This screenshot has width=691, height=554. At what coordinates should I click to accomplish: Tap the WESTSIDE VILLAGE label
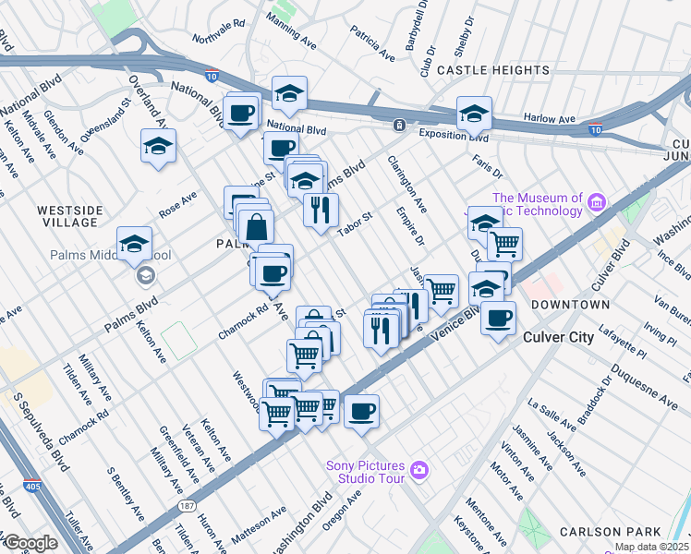point(68,216)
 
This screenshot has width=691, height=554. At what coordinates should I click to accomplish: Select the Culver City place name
point(558,337)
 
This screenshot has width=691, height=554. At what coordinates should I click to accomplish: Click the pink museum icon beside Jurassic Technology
point(596,202)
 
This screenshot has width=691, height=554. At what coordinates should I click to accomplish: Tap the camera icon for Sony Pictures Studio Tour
point(419,471)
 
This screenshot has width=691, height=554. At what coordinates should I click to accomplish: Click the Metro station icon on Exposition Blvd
point(399,125)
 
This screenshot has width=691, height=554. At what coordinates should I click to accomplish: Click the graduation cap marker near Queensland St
point(158,146)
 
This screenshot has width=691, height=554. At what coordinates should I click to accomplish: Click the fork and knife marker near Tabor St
point(321,210)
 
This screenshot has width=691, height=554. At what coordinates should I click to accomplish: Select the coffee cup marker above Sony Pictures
point(362,410)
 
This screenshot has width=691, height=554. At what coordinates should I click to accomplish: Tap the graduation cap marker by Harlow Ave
point(474,114)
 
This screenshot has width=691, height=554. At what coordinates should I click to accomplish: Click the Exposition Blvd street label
point(452,136)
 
